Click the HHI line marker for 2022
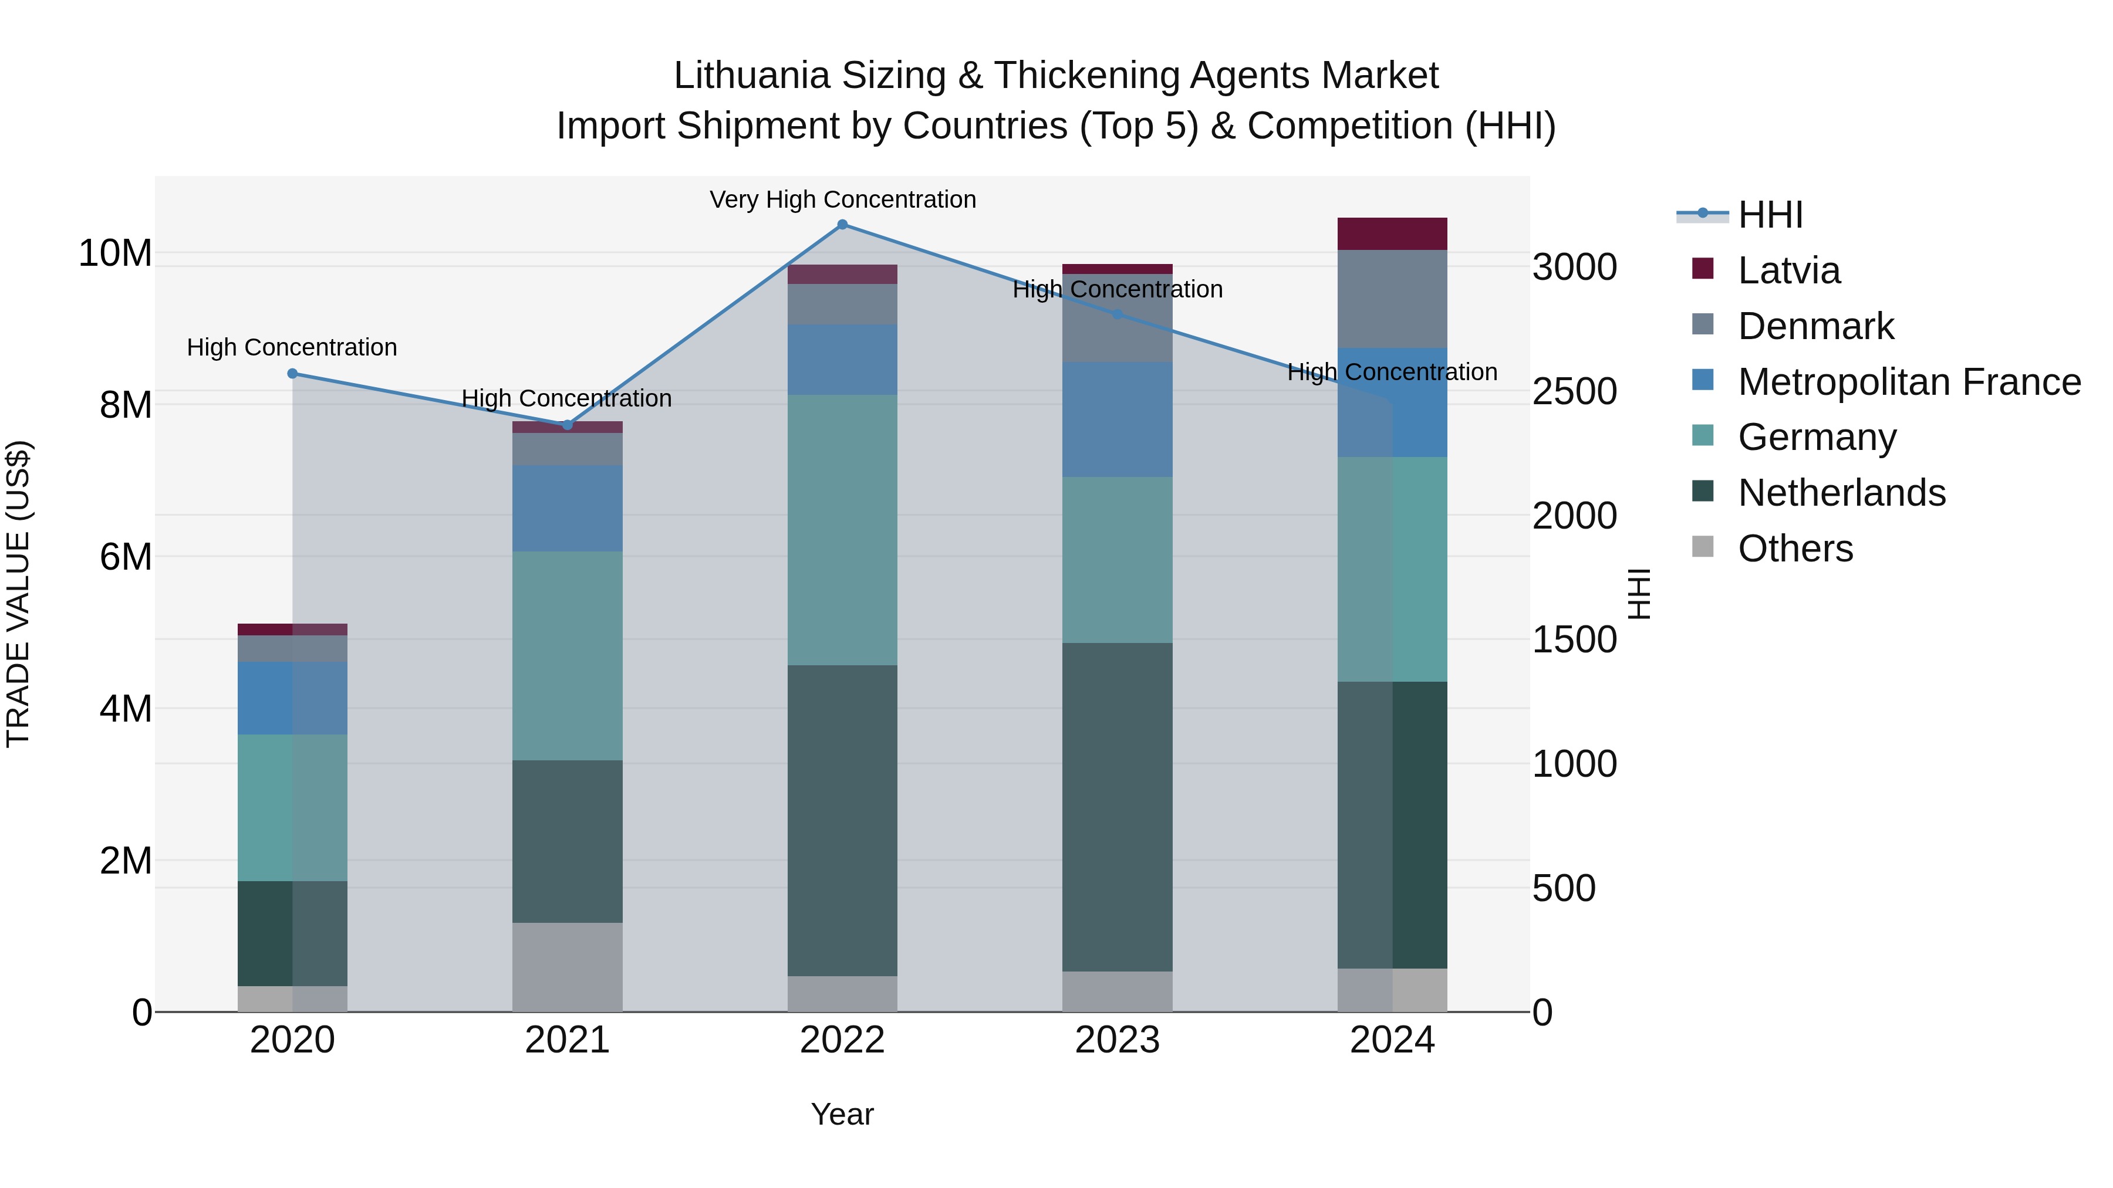[x=842, y=225]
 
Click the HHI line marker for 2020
[x=293, y=374]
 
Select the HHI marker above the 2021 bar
[x=568, y=425]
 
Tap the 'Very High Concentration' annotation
[x=842, y=200]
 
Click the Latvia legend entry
[x=1788, y=270]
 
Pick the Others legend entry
[x=1795, y=549]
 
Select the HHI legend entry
[x=1770, y=215]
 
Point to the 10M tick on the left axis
[x=115, y=253]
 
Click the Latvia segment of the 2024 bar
[x=1392, y=233]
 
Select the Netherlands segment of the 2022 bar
[x=842, y=820]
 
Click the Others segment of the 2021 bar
[x=568, y=967]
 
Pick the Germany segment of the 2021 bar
[x=568, y=656]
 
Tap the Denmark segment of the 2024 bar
[x=1392, y=299]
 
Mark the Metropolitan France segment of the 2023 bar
[x=1117, y=420]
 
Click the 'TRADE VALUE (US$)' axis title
[x=18, y=594]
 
